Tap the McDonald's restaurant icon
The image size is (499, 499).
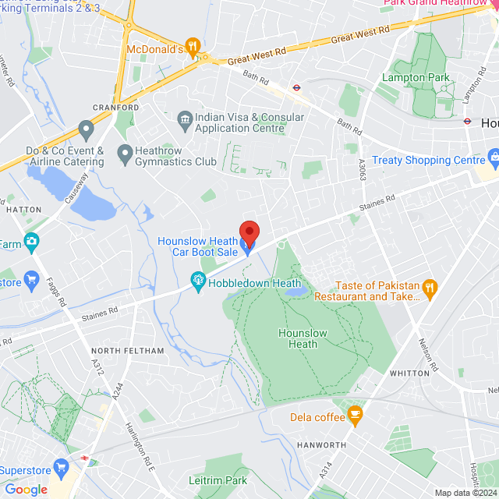194,46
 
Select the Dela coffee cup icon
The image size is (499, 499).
356,416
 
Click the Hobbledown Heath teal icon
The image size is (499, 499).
198,278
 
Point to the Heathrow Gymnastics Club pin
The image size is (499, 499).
124,153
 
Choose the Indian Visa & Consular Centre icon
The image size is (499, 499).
185,119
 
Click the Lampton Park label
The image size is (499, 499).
426,78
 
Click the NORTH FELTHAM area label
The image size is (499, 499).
128,352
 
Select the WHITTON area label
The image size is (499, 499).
409,373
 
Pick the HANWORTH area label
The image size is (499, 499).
321,445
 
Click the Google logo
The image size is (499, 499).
27,490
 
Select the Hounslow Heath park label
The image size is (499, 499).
298,338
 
